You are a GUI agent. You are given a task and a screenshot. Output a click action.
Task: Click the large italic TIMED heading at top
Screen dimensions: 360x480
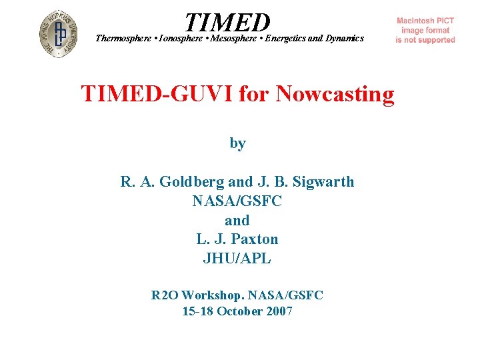(x=228, y=22)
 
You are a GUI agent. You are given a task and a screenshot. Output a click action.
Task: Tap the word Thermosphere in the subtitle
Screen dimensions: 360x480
(x=123, y=39)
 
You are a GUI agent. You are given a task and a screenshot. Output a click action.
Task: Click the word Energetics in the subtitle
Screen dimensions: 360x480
(x=286, y=39)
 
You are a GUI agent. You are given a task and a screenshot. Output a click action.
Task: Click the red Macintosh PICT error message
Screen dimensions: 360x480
(x=425, y=31)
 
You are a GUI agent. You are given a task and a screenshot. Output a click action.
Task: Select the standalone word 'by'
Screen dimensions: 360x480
(x=237, y=143)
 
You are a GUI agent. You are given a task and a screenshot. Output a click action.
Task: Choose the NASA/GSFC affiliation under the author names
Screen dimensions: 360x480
(x=237, y=201)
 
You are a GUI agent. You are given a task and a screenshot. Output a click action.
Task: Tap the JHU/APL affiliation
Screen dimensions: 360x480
(x=237, y=259)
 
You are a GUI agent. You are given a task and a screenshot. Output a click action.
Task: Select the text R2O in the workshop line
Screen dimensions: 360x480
(x=165, y=295)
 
